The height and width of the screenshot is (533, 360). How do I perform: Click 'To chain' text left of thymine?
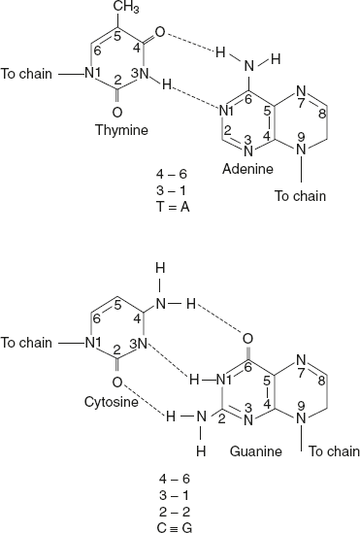(26, 73)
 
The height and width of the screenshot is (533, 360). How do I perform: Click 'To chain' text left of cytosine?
(26, 342)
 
